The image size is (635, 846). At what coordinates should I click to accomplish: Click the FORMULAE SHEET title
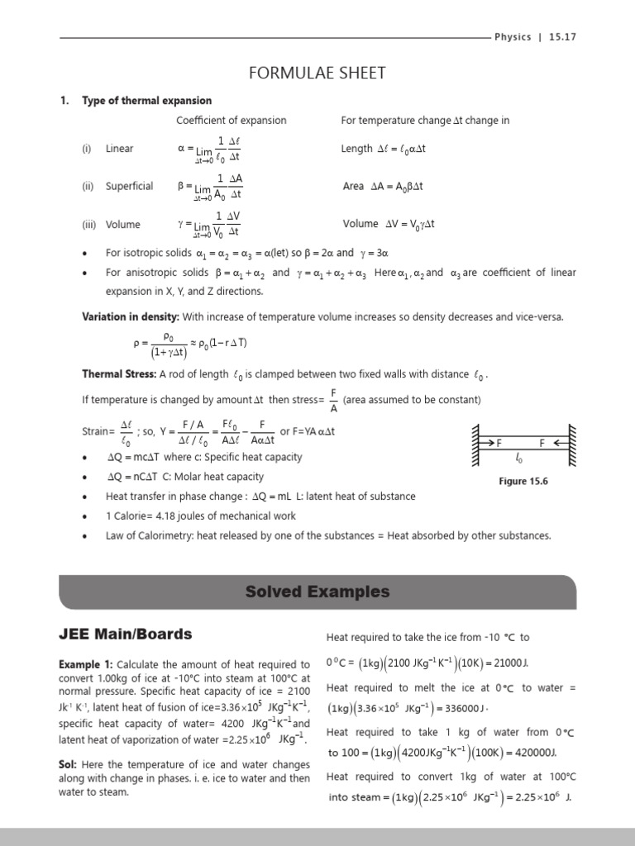(x=317, y=73)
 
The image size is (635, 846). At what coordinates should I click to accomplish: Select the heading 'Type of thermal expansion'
(x=146, y=101)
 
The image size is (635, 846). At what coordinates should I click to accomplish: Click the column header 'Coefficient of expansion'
(x=231, y=121)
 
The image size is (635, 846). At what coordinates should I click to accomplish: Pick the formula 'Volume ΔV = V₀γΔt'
(x=388, y=224)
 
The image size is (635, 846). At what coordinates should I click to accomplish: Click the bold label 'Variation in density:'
(x=130, y=317)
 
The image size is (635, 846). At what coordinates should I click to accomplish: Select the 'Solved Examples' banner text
(x=317, y=592)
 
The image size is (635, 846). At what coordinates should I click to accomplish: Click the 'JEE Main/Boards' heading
(x=125, y=634)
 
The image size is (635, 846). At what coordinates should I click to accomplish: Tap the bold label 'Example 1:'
(x=86, y=664)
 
